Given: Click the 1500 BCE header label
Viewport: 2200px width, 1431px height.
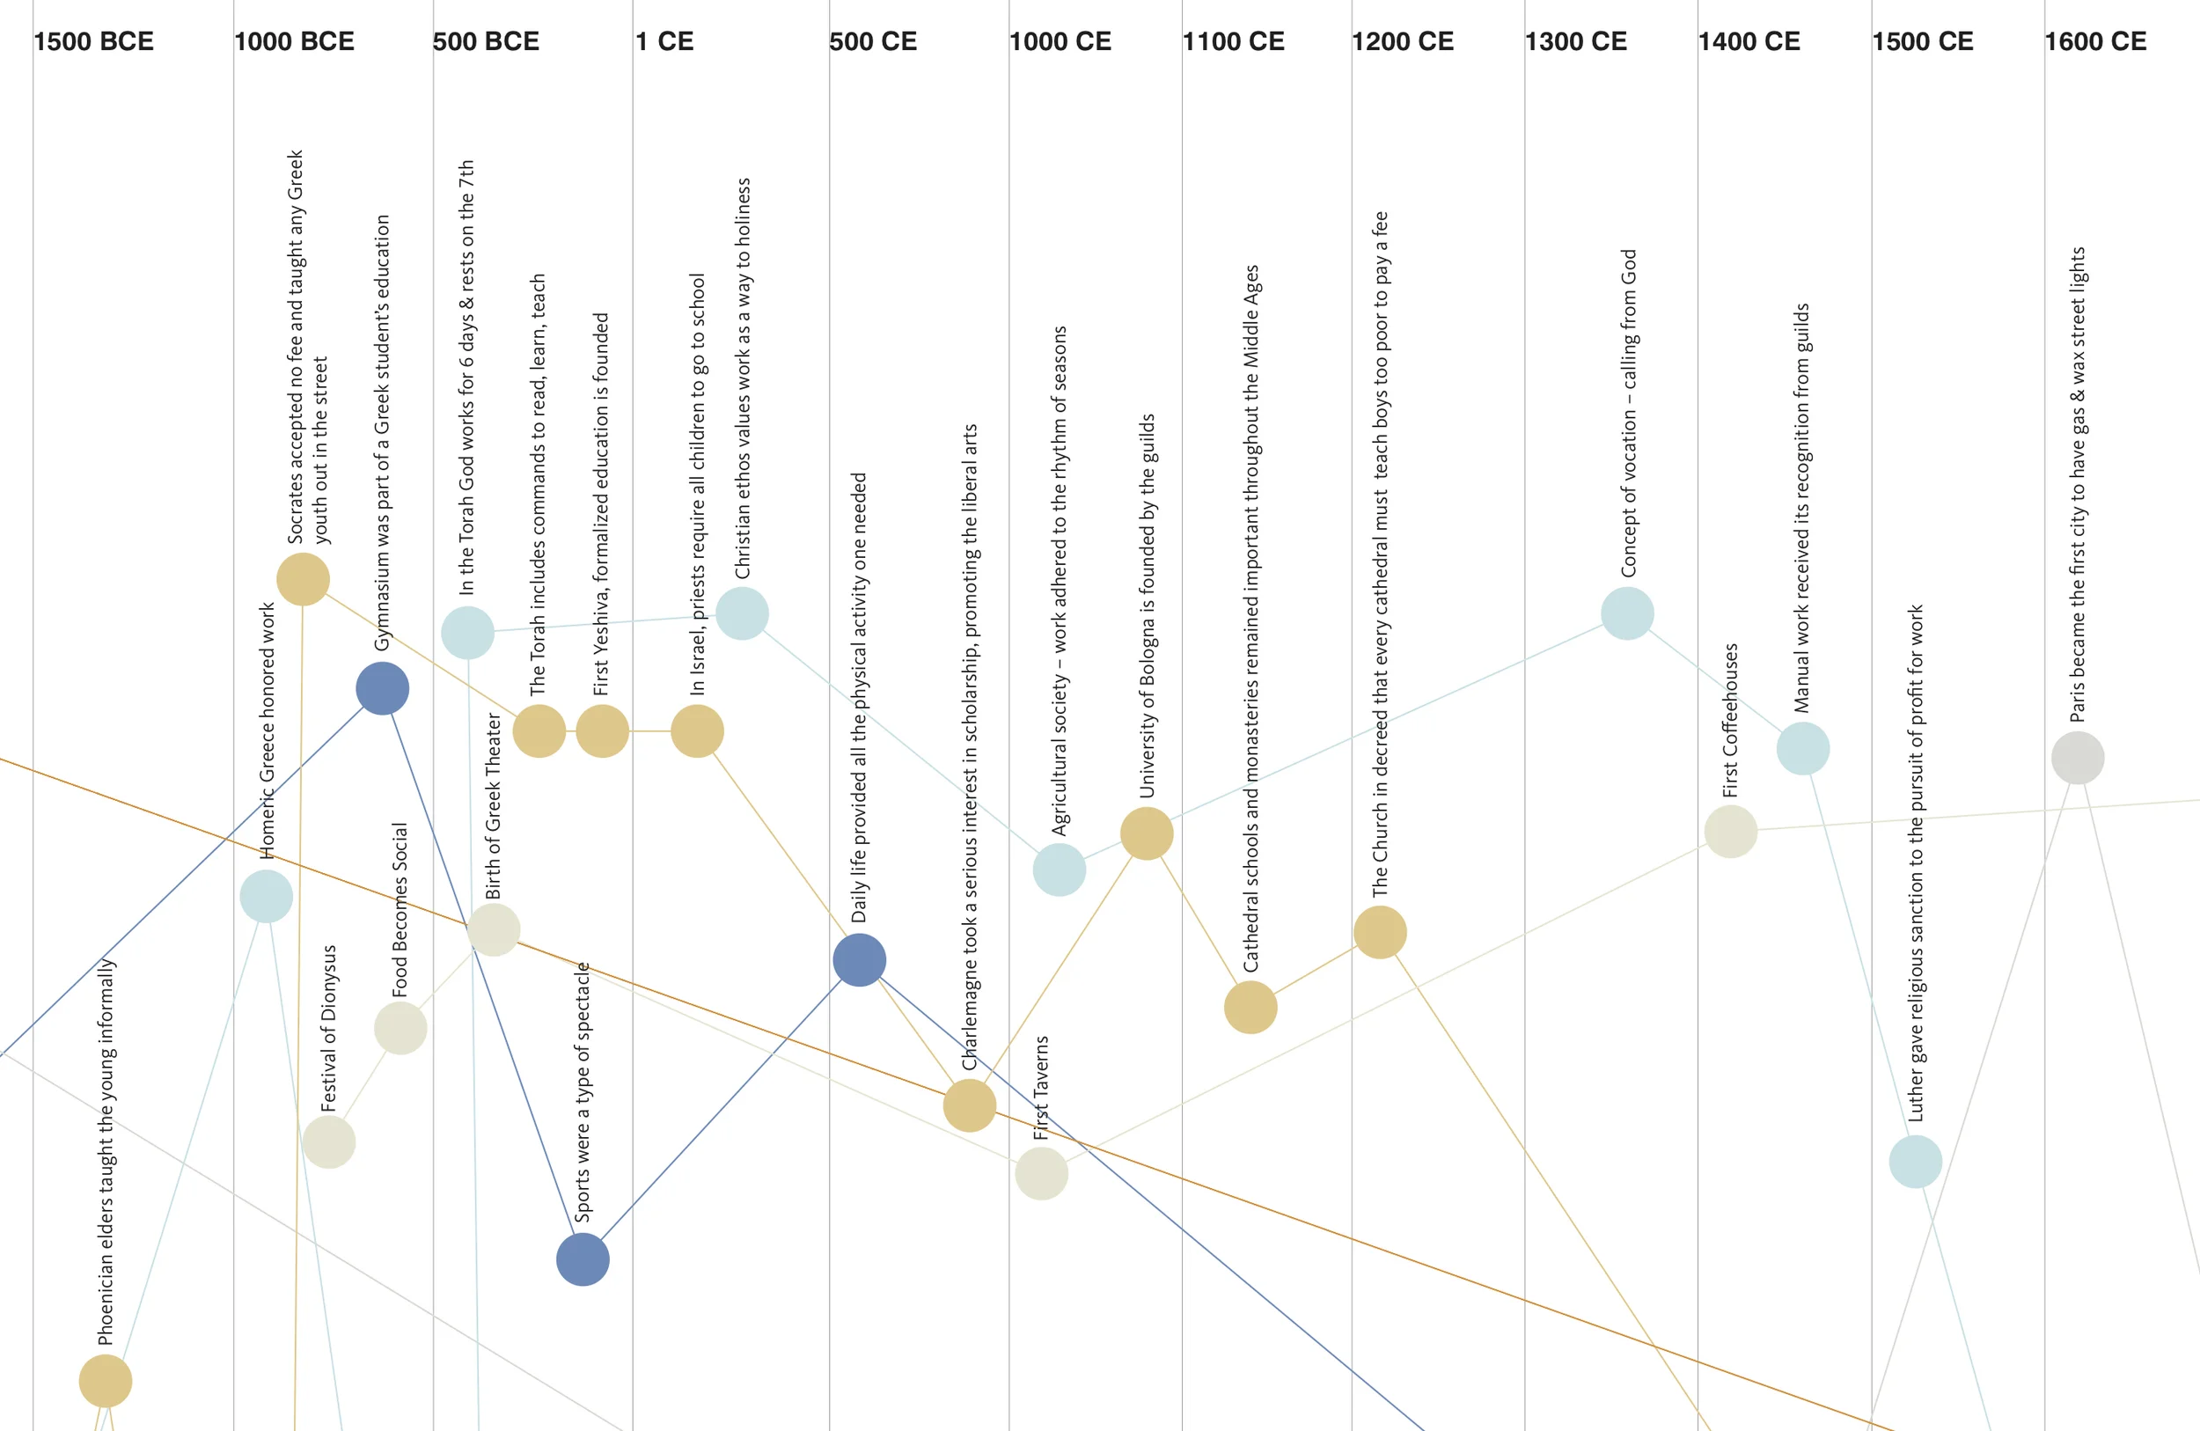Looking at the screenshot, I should (93, 41).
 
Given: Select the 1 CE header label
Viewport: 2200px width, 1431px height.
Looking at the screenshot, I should (664, 41).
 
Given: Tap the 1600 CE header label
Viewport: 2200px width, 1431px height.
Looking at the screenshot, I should (2094, 41).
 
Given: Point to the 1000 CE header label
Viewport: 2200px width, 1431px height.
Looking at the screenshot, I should (1060, 41).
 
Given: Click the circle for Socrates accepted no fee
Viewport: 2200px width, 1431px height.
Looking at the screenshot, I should (304, 580).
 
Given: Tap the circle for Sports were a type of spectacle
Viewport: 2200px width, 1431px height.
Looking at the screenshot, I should (583, 1259).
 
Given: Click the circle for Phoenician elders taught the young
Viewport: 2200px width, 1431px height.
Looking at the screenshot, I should (106, 1381).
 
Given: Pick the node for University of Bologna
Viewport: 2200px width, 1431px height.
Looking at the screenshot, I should (1147, 833).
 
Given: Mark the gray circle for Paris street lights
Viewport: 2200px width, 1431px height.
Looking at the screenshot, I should (2077, 758).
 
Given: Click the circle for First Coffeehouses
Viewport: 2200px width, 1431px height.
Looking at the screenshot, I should (1730, 831).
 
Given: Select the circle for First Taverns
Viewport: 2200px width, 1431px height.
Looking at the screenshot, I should (1042, 1174).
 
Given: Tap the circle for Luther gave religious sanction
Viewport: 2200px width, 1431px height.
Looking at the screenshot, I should (1915, 1161).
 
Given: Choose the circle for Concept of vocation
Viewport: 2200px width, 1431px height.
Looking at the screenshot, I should (1627, 613).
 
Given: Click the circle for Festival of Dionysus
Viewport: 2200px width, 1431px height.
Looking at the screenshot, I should (329, 1141).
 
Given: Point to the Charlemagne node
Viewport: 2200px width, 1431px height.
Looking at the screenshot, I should (970, 1105).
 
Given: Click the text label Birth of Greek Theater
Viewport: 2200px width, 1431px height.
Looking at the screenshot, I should (494, 806).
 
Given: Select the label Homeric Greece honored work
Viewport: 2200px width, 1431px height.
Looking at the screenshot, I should (268, 730).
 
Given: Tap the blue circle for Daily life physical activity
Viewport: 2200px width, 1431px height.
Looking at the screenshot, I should (860, 959).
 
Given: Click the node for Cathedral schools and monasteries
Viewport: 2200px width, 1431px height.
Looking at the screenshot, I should (1250, 1007).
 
